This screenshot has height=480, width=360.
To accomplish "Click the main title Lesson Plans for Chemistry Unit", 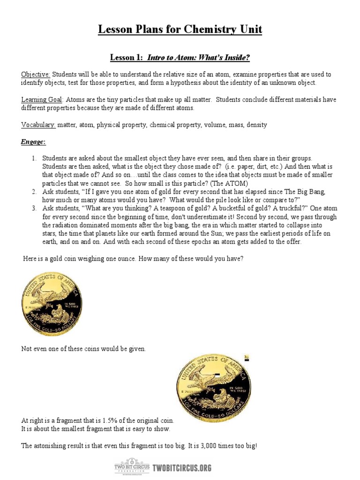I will tap(180, 30).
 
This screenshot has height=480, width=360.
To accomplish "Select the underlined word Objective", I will tap(36, 75).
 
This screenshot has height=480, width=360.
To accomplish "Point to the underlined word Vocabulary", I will tap(38, 125).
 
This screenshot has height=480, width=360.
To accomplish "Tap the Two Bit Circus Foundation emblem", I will tap(132, 467).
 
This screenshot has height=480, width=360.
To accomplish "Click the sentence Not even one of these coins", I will tap(84, 349).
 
